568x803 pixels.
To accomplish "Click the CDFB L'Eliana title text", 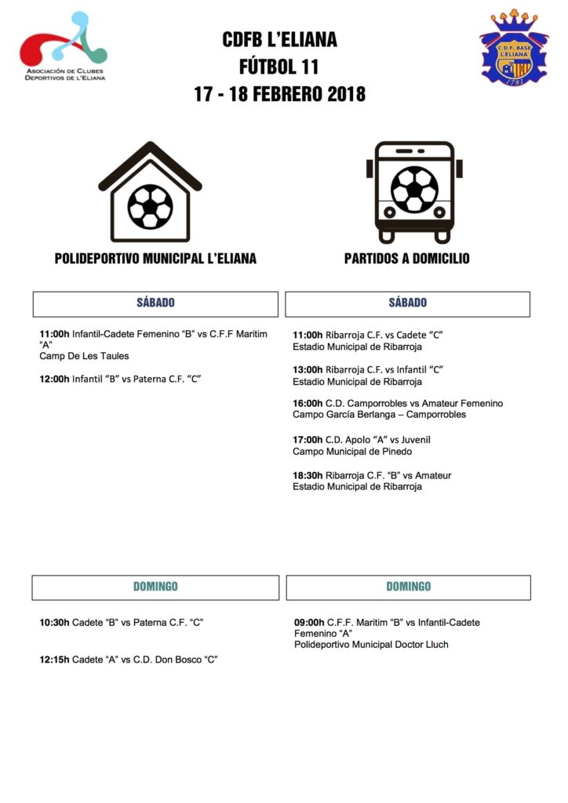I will [279, 40].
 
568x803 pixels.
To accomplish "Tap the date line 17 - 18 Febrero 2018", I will [279, 94].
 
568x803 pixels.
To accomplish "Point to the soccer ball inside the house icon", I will [150, 205].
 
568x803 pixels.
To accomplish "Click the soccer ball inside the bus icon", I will [414, 189].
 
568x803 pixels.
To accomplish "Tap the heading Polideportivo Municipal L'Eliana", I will [155, 259].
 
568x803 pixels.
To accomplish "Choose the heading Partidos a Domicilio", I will [407, 259].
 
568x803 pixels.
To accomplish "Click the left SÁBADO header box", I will [155, 303].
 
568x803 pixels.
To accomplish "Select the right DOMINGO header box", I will [408, 587].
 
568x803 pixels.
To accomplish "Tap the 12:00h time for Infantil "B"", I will [55, 379].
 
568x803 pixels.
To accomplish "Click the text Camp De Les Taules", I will [84, 356].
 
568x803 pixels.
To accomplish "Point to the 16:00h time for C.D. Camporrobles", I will [308, 403].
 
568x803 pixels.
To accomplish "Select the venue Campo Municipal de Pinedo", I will [352, 451].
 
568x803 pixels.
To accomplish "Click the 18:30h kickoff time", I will [308, 475].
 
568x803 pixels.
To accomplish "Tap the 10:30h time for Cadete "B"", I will [55, 623].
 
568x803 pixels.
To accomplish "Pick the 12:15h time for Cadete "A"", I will [55, 659].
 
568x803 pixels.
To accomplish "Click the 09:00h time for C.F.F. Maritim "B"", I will [308, 623].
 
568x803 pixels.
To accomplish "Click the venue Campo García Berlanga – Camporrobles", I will [379, 414].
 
